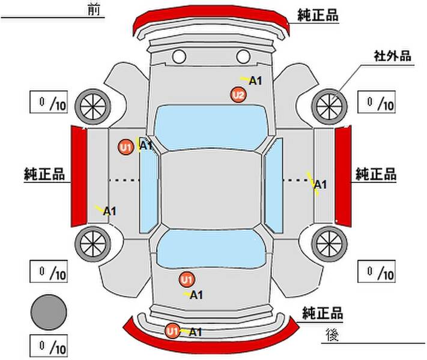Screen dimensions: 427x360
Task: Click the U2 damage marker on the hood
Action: coord(238,95)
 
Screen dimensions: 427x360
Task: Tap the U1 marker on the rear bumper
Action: coord(172,331)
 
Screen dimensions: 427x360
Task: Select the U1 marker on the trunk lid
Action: coord(187,280)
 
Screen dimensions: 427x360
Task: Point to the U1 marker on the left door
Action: coord(126,147)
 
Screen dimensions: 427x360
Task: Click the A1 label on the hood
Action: coord(255,81)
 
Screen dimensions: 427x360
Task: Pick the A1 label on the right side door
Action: coord(320,185)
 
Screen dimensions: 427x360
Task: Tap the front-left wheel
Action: coord(93,107)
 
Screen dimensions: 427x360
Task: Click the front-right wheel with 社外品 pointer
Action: coord(330,107)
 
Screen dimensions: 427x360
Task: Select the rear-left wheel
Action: coord(93,244)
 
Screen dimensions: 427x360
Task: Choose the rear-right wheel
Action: coord(330,244)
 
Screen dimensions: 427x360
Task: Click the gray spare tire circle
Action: coord(49,313)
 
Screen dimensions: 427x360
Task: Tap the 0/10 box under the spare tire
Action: coord(49,346)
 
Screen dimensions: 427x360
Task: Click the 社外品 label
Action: coord(392,56)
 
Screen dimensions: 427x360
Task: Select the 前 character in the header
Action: coord(94,10)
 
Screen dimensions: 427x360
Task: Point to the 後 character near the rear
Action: coord(332,335)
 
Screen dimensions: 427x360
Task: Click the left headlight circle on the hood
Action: coord(179,56)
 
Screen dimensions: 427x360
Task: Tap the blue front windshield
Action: coord(211,127)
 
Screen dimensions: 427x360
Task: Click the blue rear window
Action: coord(211,248)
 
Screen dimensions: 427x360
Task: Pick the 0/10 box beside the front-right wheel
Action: coord(377,102)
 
